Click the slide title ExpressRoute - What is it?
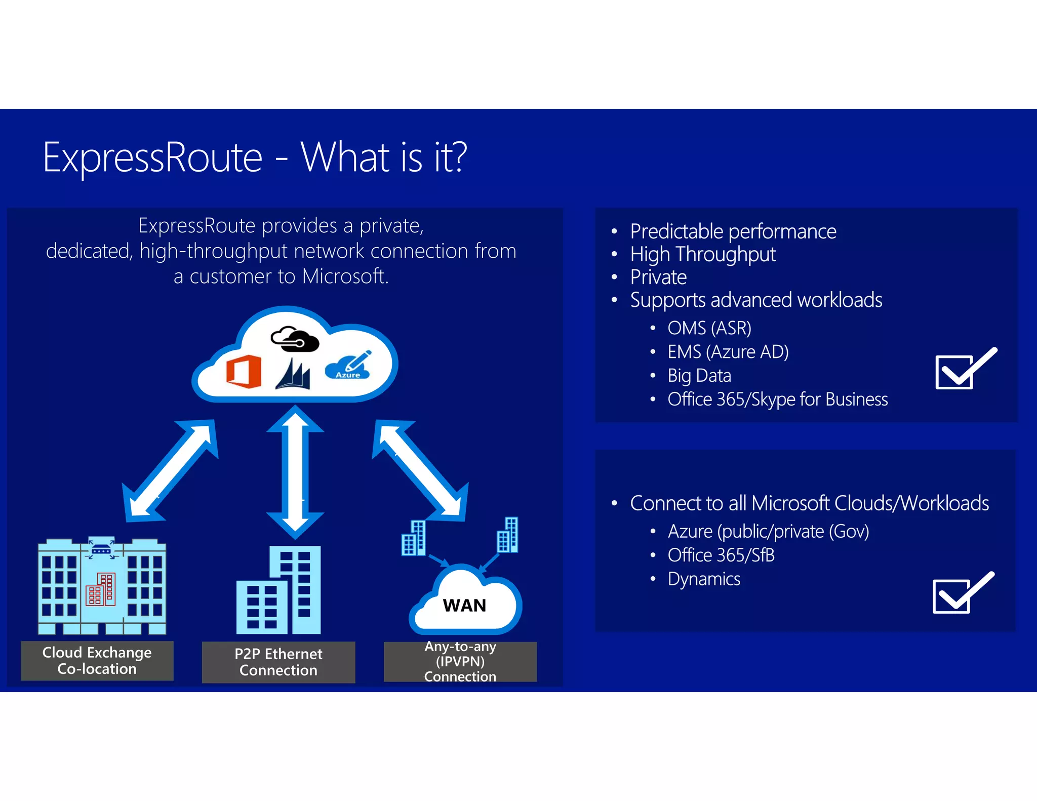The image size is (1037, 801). (255, 157)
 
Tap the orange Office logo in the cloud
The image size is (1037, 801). (244, 371)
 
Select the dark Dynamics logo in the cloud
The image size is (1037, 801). (293, 375)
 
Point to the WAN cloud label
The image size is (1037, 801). (464, 606)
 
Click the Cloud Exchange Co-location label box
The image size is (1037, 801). (97, 661)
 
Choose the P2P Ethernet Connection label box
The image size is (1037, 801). (278, 662)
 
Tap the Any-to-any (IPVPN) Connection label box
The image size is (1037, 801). (460, 662)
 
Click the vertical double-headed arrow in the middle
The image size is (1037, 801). (295, 472)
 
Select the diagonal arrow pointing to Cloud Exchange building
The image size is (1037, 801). (171, 471)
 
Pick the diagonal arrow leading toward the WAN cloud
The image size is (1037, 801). (420, 470)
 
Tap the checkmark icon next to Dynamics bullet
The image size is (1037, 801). (962, 593)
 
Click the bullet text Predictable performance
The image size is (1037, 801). (733, 231)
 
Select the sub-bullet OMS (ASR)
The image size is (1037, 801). (709, 328)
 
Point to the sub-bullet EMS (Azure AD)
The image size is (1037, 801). (728, 352)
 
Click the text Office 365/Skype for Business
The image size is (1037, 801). (777, 399)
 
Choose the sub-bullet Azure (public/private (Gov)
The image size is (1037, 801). (768, 532)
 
